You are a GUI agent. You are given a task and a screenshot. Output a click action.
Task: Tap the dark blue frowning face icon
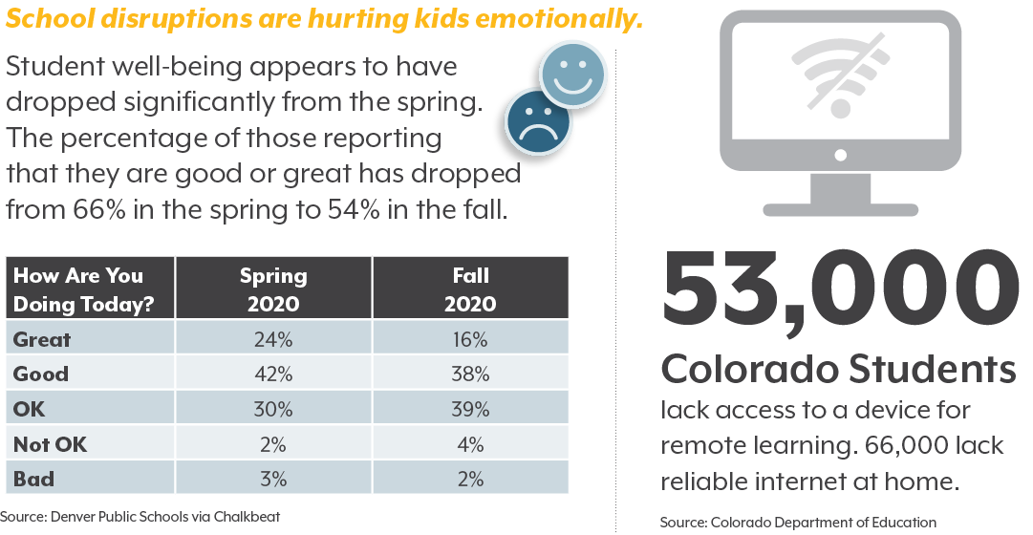pos(539,120)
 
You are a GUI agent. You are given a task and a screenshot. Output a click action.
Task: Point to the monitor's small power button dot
pos(840,153)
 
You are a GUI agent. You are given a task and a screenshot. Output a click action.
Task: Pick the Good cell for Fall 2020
pos(470,374)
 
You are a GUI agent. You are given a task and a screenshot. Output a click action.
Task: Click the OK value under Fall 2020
pos(470,409)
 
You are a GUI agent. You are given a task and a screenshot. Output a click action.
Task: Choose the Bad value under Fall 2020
pos(470,479)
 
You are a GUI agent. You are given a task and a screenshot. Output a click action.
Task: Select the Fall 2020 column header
pos(470,289)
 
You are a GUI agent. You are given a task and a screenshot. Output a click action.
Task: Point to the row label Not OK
pos(51,444)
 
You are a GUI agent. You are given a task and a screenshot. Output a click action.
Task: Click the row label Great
pos(42,339)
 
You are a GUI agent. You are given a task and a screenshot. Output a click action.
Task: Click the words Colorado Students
pos(838,370)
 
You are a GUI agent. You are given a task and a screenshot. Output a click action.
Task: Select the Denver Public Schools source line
pos(140,517)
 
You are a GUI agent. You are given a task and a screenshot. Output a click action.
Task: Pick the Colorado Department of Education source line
pos(798,522)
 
